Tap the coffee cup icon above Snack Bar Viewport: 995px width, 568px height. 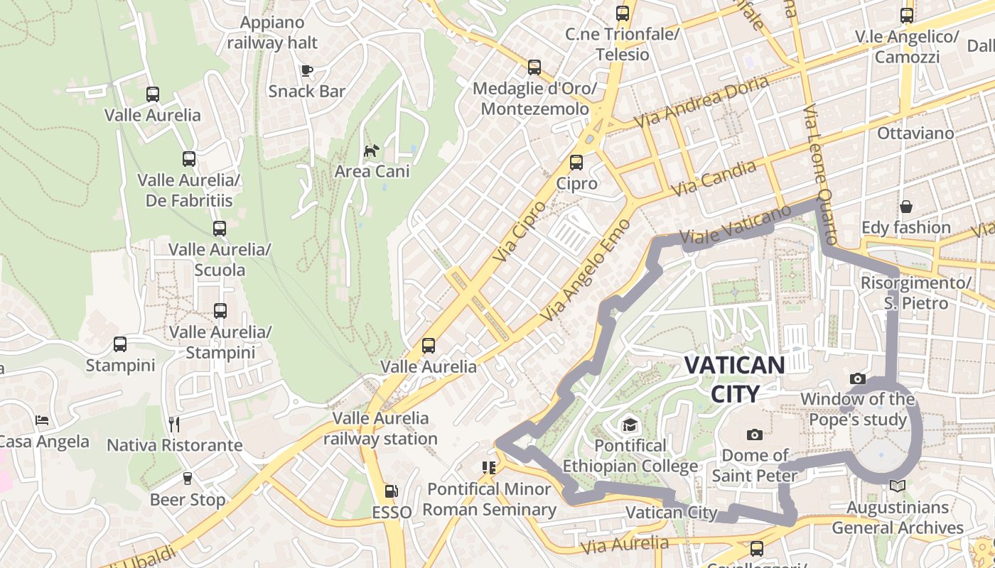pos(306,70)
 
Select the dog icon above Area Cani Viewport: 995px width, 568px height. pos(371,151)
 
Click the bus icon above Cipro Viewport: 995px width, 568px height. pos(576,163)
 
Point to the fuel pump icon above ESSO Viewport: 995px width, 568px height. pos(390,491)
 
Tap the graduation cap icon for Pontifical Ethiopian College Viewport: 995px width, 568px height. pos(630,425)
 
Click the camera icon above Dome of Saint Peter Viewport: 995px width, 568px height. pos(755,435)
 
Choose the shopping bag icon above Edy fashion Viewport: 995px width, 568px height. pos(906,207)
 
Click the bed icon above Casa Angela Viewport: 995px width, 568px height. pos(42,420)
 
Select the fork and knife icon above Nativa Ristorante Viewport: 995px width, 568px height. pos(174,425)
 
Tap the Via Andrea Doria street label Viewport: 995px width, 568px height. pos(701,102)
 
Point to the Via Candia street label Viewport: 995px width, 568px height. pos(714,178)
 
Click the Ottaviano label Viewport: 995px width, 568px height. pos(915,133)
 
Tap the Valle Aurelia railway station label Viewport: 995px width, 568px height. pos(380,428)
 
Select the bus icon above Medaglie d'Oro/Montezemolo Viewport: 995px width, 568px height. pos(534,67)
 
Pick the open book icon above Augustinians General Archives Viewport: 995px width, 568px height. pos(897,486)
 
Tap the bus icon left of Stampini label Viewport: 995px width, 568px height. pos(120,344)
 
